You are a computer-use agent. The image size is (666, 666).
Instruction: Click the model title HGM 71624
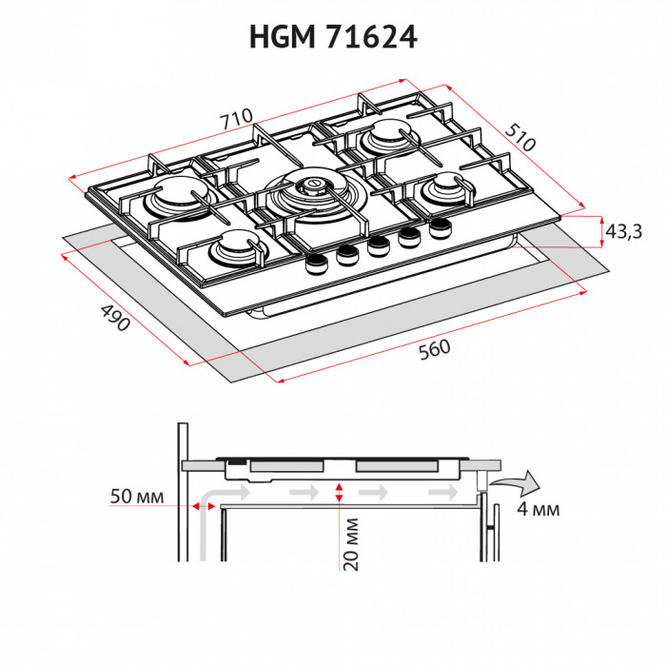(333, 36)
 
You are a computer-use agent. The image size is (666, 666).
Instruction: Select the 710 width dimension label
(235, 120)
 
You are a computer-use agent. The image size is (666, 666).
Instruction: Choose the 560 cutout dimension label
(433, 349)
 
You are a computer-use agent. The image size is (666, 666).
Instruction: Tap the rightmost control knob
(440, 228)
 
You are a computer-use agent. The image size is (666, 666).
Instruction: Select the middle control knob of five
(379, 246)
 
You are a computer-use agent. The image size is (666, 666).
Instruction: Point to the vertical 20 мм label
(351, 543)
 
